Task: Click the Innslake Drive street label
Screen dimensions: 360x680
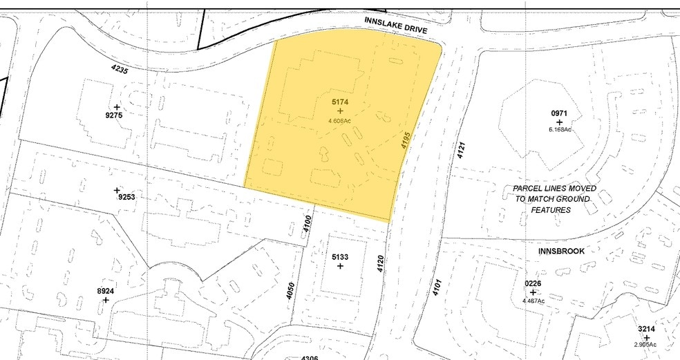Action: pos(396,26)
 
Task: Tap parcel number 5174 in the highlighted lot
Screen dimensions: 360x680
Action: pos(339,102)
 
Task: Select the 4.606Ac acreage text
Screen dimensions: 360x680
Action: pos(339,121)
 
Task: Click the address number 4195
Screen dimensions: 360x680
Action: pos(405,141)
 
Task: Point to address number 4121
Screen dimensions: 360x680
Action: pos(461,151)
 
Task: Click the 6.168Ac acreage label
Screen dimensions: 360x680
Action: pos(558,129)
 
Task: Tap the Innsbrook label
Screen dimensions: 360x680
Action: pos(560,251)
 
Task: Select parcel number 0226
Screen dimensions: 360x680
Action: pos(533,283)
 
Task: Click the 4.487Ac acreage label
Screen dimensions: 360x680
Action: pos(533,301)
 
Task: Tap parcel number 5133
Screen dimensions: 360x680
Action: pos(339,257)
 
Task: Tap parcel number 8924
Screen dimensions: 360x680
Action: pos(105,292)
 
